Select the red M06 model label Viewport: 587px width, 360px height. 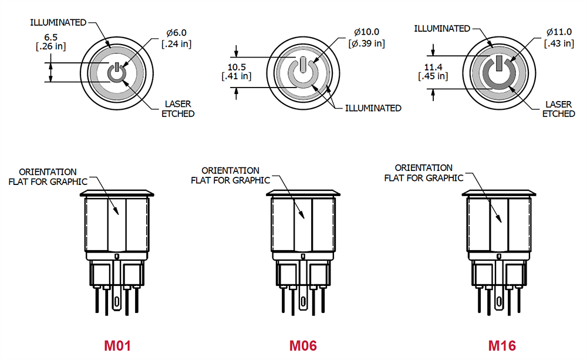click(x=303, y=345)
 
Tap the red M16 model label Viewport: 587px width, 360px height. click(x=502, y=345)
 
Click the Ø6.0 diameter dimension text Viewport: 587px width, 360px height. click(x=176, y=33)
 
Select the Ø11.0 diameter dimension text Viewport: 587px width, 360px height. click(x=559, y=32)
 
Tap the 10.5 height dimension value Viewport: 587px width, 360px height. click(x=237, y=66)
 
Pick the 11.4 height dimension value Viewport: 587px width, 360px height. click(x=432, y=66)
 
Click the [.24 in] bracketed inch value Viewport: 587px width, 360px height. click(x=176, y=44)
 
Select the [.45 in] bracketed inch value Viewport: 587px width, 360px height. click(x=433, y=76)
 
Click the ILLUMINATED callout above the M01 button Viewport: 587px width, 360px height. click(x=58, y=22)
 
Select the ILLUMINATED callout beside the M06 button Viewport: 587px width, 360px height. click(x=373, y=108)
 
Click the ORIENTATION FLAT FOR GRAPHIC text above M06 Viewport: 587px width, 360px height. click(x=230, y=175)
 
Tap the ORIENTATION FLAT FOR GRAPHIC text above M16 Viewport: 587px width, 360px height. click(x=424, y=173)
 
